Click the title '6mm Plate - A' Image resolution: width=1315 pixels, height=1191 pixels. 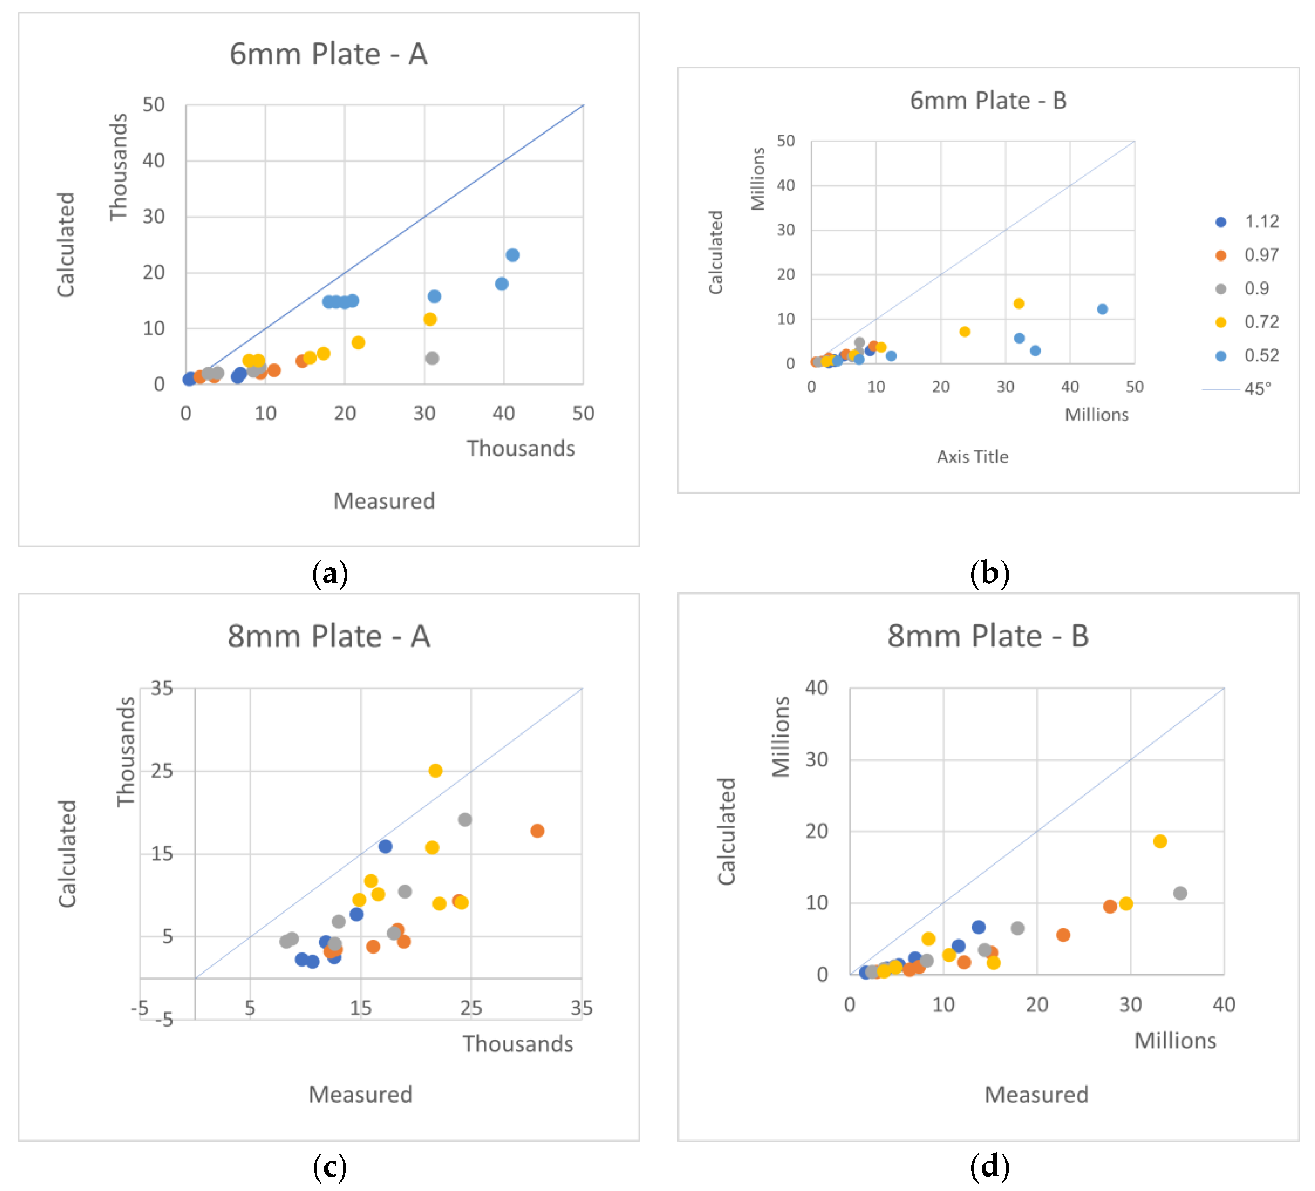(x=329, y=54)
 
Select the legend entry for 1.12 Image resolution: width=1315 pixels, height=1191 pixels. (x=1247, y=222)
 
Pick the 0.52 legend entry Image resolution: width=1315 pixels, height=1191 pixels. (x=1247, y=356)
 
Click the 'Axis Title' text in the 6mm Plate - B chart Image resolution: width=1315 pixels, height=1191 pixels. (x=973, y=457)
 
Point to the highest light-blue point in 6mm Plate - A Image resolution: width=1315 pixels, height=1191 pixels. (x=513, y=255)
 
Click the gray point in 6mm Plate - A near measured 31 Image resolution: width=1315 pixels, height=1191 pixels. (x=432, y=358)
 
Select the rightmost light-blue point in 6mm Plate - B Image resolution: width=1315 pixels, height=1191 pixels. (x=1102, y=309)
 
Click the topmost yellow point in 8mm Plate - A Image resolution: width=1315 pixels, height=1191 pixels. (x=436, y=770)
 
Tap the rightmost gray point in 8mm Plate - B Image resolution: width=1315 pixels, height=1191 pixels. (x=1180, y=893)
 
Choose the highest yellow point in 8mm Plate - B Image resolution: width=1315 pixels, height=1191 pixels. (x=1160, y=841)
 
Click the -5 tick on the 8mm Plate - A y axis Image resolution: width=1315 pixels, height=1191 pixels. (x=164, y=1019)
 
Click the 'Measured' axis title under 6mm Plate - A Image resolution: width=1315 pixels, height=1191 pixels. (x=384, y=501)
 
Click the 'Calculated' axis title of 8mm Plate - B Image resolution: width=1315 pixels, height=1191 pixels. (x=727, y=831)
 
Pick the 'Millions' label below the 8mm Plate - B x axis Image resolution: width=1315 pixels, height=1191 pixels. (x=1175, y=1040)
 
